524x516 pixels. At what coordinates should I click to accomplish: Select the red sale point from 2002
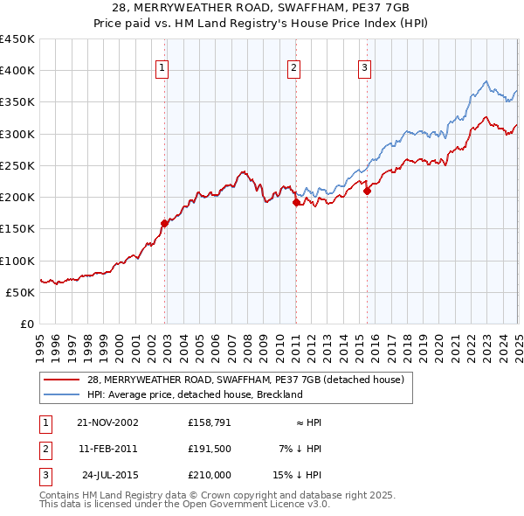pos(164,223)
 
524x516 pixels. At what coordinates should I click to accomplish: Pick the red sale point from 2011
pos(296,202)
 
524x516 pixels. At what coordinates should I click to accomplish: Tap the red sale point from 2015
pos(367,191)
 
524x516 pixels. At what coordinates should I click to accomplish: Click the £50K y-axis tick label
pos(21,292)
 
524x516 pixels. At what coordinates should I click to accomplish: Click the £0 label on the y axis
pos(28,324)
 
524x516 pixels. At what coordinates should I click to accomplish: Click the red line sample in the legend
pos(61,380)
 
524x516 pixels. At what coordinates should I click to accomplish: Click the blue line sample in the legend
pos(61,395)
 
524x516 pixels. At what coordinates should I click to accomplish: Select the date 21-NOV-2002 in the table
pos(107,422)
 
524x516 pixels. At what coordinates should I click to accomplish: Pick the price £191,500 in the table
pos(210,449)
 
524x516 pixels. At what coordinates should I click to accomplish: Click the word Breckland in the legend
pos(276,395)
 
